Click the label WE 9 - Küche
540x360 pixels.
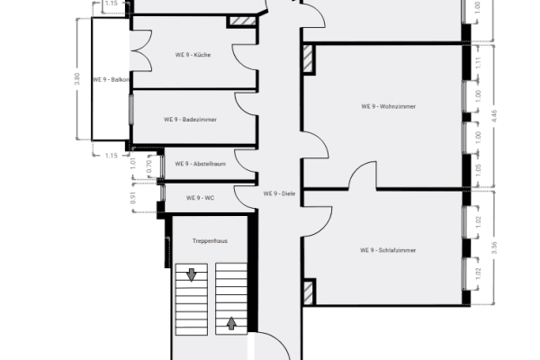(x=193, y=55)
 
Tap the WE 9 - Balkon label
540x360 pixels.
(x=115, y=79)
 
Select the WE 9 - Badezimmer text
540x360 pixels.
(x=190, y=119)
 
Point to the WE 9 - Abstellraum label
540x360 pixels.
(x=200, y=164)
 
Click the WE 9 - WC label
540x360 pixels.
(x=199, y=197)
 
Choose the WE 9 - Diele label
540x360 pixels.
(x=279, y=193)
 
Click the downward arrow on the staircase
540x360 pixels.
(x=191, y=274)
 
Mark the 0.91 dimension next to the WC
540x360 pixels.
(x=134, y=197)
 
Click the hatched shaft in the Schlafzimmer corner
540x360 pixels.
(x=309, y=291)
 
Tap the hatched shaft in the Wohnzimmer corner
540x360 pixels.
(x=309, y=58)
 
